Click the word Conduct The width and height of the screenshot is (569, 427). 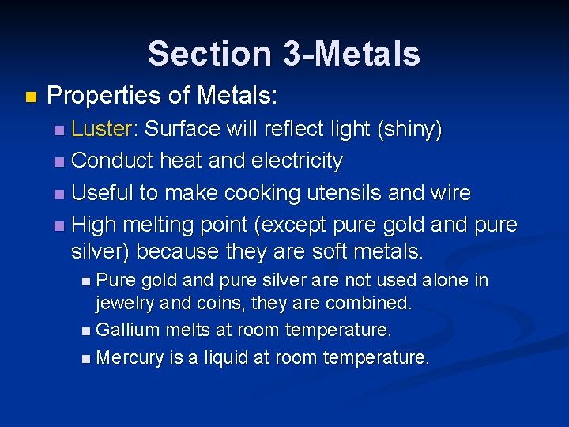pyautogui.click(x=112, y=161)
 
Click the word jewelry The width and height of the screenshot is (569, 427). pyautogui.click(x=126, y=303)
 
